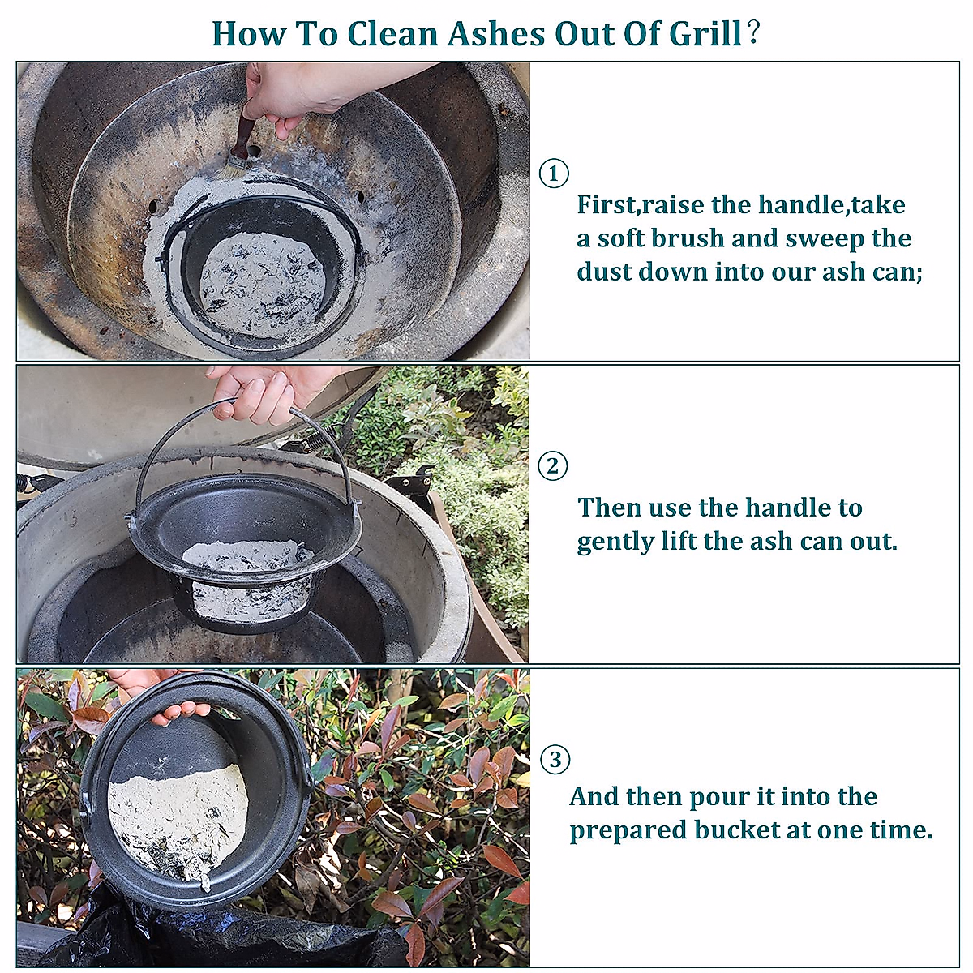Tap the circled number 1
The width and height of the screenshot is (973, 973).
click(x=554, y=173)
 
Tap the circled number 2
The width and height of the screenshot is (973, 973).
click(x=554, y=466)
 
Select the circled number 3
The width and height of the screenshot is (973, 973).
click(x=555, y=760)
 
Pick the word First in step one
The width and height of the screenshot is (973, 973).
click(x=607, y=205)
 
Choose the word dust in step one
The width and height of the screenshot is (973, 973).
click(x=602, y=272)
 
